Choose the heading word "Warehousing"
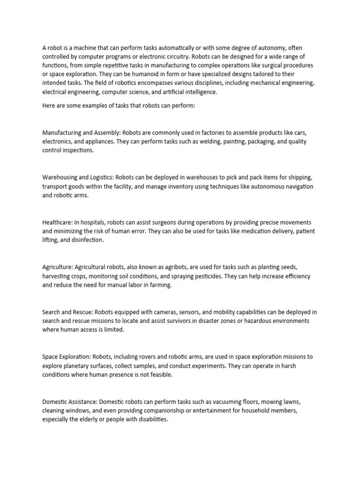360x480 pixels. [60, 178]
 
